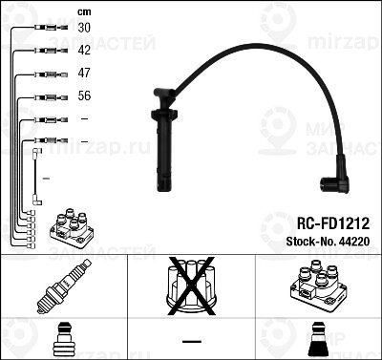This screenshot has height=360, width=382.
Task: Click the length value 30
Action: point(84,30)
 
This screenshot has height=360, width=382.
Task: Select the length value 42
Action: point(84,51)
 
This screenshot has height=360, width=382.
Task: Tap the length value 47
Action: point(84,73)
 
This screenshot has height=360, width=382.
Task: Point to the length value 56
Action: point(84,96)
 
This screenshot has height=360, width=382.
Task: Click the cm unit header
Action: point(84,11)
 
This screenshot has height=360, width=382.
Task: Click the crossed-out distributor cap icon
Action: point(191,286)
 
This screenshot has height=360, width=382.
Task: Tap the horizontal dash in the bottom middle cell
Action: point(191,342)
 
